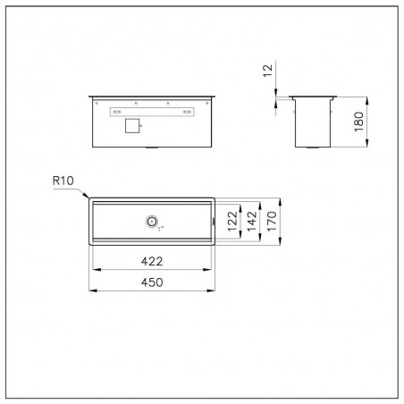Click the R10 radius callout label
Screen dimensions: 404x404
point(63,181)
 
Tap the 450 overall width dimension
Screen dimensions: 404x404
point(152,282)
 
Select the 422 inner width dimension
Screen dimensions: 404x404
point(152,261)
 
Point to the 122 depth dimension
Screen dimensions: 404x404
point(232,221)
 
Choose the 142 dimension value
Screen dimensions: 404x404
point(252,221)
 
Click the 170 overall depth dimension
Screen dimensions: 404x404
point(272,221)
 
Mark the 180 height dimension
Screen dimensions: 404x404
point(358,122)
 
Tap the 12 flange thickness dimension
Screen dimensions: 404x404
point(268,71)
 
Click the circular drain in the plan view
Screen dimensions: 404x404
point(152,222)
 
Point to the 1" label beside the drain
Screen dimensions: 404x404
point(161,229)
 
